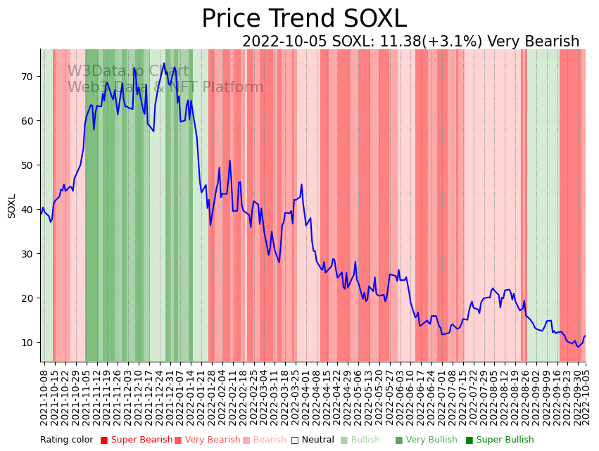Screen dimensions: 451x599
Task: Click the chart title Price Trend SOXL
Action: (x=304, y=19)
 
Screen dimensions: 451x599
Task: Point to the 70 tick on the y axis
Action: (x=27, y=76)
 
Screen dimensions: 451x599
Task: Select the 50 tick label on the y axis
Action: (x=27, y=165)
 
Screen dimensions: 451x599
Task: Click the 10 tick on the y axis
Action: (x=27, y=342)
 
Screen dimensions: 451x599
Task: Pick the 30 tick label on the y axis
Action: (x=27, y=253)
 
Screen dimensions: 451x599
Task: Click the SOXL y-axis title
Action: (x=12, y=205)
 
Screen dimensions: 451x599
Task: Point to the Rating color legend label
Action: (x=66, y=440)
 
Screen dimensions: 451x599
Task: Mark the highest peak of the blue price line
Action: (x=164, y=63)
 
